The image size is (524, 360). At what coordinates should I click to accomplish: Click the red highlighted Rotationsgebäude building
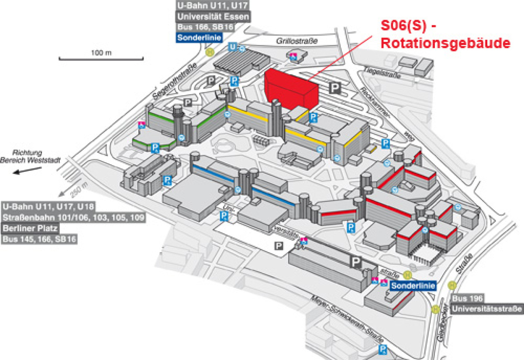[x=290, y=89]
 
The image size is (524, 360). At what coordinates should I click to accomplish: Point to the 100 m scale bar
[x=101, y=57]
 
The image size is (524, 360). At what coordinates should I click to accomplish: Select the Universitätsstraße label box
[x=487, y=310]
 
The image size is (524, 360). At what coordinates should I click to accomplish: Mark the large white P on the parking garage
[x=356, y=262]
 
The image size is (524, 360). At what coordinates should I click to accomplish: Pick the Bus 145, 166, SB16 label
[x=40, y=239]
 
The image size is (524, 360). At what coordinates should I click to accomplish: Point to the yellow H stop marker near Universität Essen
[x=210, y=52]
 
